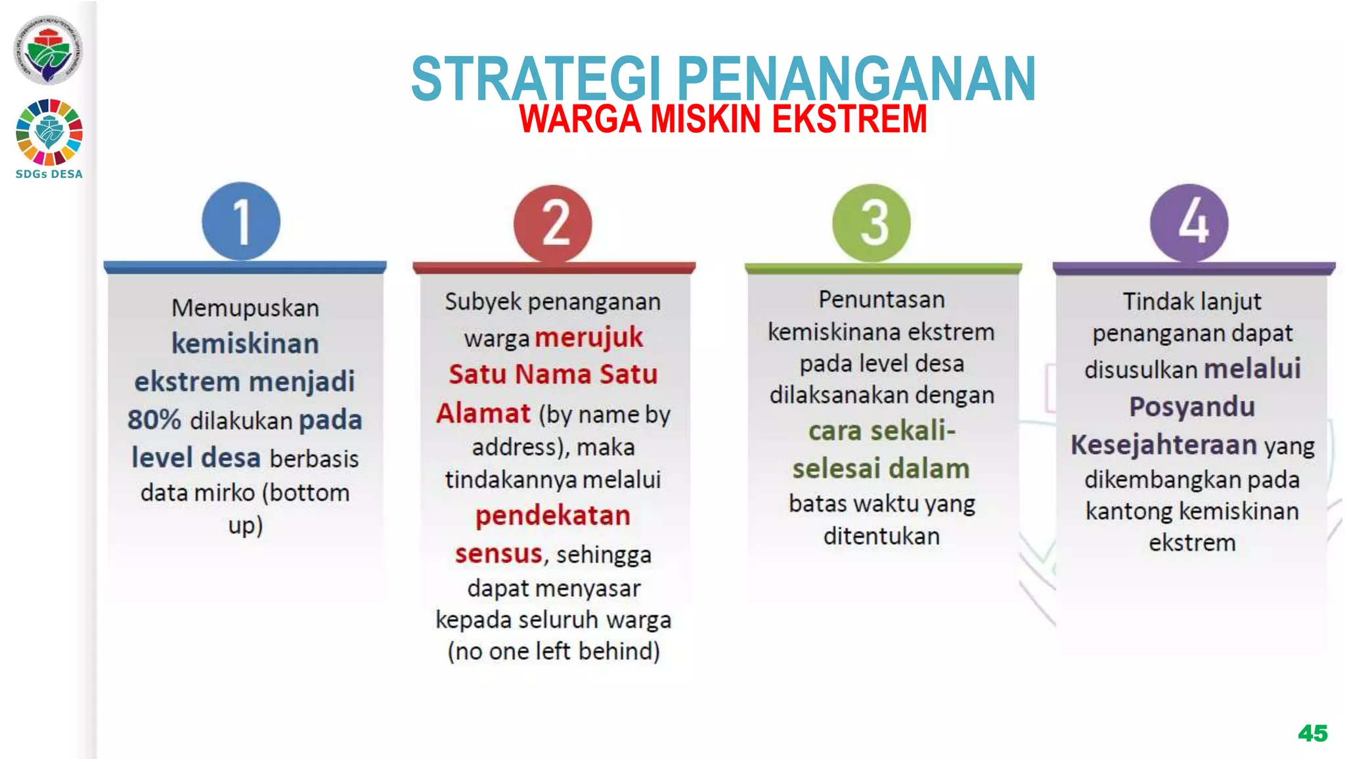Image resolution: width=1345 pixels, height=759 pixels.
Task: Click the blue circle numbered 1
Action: [241, 221]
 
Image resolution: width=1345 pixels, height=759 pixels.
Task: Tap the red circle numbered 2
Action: [553, 223]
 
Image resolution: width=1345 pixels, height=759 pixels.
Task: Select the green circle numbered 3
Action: [871, 223]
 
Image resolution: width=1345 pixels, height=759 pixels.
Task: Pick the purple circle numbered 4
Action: [1189, 223]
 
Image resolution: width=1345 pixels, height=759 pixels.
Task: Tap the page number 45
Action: [1312, 733]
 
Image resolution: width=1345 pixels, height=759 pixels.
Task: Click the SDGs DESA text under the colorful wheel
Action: [49, 174]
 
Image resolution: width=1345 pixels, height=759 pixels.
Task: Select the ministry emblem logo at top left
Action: [48, 50]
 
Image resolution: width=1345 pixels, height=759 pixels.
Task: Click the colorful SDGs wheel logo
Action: [49, 131]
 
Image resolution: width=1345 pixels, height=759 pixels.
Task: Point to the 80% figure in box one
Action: [154, 420]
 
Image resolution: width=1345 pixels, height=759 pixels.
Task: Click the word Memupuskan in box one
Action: [245, 308]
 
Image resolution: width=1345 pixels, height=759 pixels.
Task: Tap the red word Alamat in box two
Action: [483, 413]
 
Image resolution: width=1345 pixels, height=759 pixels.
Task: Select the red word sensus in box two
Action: [498, 553]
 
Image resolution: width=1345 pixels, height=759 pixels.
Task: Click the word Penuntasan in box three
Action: [881, 300]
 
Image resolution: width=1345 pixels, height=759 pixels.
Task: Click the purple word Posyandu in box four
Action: [1192, 407]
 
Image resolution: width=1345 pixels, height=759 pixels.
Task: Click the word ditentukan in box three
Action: [881, 536]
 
